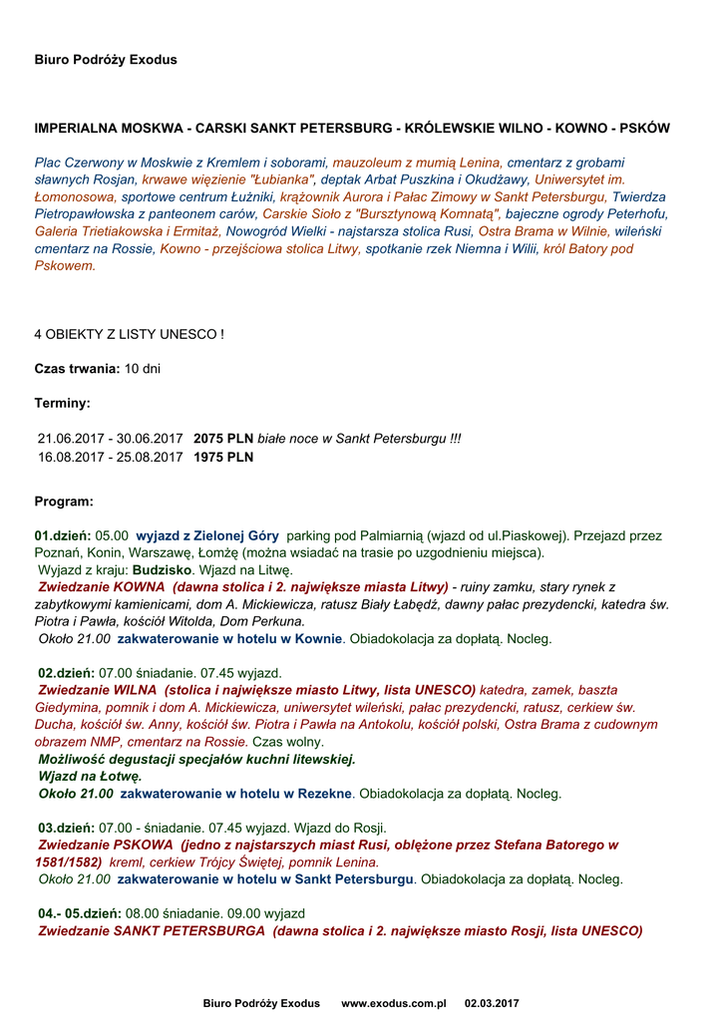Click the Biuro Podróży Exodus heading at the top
coord(106,60)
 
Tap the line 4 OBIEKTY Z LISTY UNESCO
coord(129,334)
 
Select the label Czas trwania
coord(77,369)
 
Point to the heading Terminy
coord(62,404)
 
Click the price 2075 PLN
coord(223,439)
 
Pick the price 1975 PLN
coord(223,458)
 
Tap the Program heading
coord(64,502)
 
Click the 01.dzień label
coord(63,536)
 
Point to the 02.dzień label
coord(66,673)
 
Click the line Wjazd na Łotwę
coord(90,777)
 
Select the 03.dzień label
coord(66,829)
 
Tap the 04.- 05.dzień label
coord(80,913)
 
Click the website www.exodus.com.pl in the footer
coord(393,1003)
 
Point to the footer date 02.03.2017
coord(492,1003)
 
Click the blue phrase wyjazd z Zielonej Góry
coord(207,536)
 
